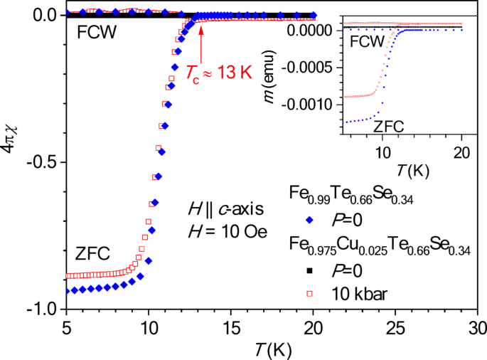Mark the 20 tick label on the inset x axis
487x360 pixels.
point(461,152)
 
